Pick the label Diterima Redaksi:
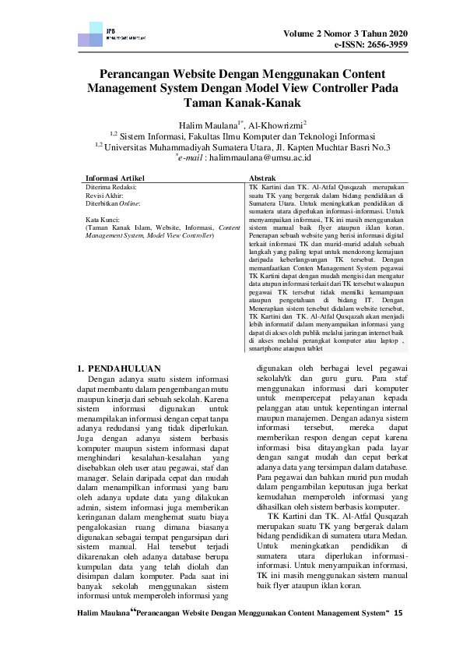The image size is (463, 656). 111,188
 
